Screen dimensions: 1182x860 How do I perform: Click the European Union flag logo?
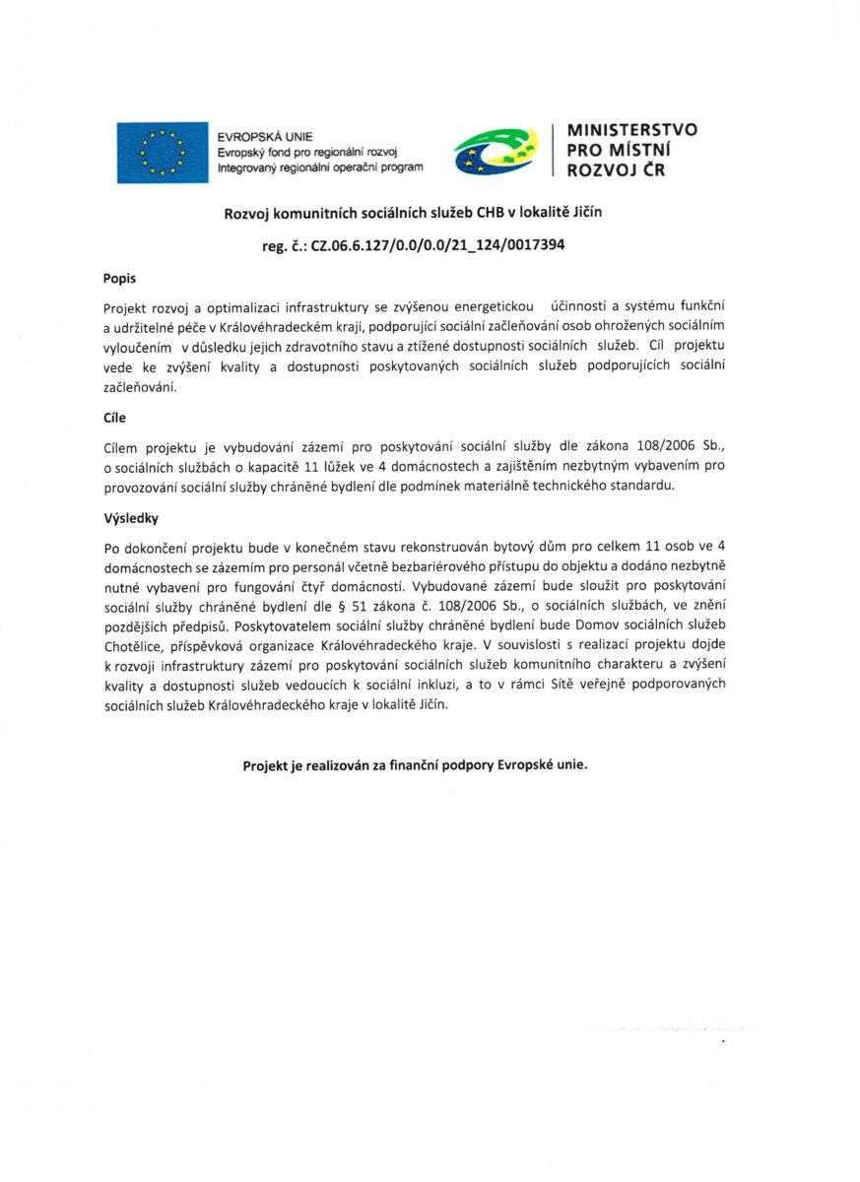[163, 152]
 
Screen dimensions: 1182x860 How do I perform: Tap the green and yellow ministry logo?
[496, 152]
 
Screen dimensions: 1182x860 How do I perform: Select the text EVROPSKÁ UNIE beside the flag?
[265, 136]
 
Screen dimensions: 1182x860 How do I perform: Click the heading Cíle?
[115, 417]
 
